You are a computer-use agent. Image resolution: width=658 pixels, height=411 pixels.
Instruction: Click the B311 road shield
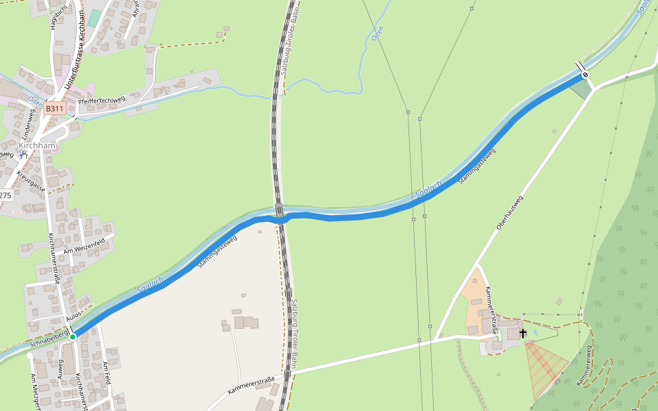click(55, 108)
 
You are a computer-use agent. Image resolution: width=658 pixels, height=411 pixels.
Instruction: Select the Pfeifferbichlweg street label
click(101, 101)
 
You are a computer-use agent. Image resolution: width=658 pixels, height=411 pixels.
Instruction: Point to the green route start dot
click(73, 336)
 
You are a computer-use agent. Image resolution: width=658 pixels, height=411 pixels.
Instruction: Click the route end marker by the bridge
click(585, 75)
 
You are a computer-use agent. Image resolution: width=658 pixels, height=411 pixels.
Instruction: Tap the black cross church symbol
click(523, 334)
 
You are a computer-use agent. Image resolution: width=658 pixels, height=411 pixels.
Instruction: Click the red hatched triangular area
click(545, 366)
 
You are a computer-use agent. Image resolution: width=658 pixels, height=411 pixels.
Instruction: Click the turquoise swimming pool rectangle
click(93, 18)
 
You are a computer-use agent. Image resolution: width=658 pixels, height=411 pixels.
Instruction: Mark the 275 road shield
click(5, 195)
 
